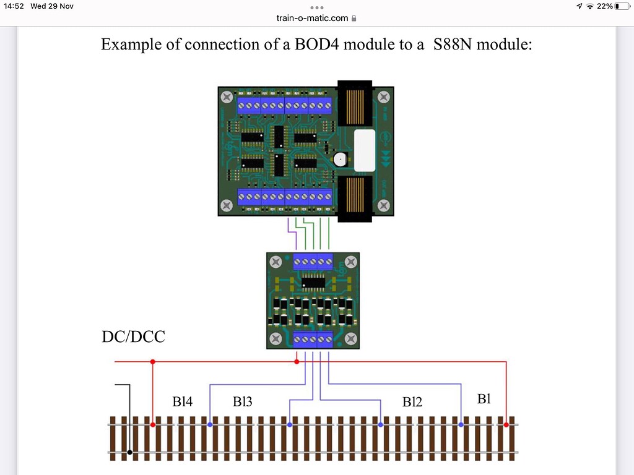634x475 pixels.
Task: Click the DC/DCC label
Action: pyautogui.click(x=133, y=337)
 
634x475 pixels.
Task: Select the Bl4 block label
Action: pyautogui.click(x=183, y=401)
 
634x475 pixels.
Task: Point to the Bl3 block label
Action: pyautogui.click(x=242, y=401)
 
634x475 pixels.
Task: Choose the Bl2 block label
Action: pyautogui.click(x=412, y=401)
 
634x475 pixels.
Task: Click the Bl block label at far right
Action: pyautogui.click(x=484, y=399)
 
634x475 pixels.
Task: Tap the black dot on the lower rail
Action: pyautogui.click(x=129, y=453)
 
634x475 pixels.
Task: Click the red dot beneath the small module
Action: pyautogui.click(x=297, y=361)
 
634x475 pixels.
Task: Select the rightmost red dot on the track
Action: pyautogui.click(x=506, y=425)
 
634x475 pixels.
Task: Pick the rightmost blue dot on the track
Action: pyautogui.click(x=461, y=425)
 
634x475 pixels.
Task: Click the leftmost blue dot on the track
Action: pyautogui.click(x=211, y=425)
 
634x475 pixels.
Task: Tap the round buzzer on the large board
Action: pyautogui.click(x=339, y=160)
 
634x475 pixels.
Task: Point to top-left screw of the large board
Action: pyautogui.click(x=227, y=97)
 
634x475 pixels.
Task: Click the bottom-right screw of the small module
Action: pyautogui.click(x=350, y=338)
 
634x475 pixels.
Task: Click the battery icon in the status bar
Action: pyautogui.click(x=622, y=6)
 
